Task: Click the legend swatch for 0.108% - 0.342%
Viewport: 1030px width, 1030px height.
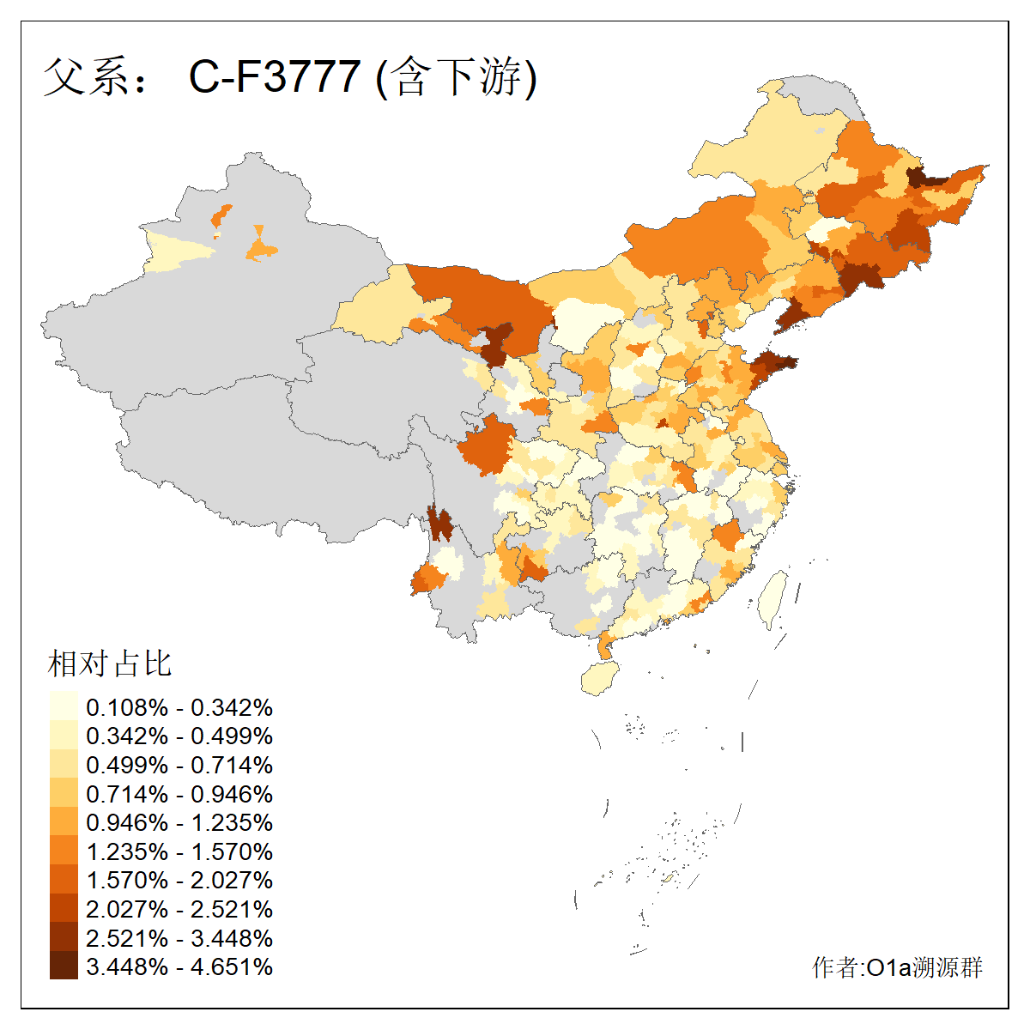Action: [64, 706]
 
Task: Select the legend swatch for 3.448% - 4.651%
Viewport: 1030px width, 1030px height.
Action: [64, 966]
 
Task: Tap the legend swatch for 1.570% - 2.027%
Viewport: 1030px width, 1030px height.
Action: [64, 880]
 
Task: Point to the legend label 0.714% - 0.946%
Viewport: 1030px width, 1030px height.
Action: [179, 794]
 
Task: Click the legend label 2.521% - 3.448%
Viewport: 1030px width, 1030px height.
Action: [179, 938]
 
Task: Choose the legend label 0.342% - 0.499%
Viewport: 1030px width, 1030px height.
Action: [179, 736]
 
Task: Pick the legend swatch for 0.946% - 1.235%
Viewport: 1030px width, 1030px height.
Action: [64, 822]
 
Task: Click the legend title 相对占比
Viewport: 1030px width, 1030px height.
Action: [109, 663]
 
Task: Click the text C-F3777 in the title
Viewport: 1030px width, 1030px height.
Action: [274, 76]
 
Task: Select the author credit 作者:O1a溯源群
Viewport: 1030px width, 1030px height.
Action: [897, 967]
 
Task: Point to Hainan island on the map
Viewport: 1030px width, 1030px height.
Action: [600, 679]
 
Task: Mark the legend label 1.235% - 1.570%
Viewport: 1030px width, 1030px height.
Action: [179, 851]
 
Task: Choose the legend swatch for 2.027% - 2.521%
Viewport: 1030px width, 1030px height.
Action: [64, 909]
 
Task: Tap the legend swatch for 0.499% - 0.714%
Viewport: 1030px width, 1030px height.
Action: [64, 764]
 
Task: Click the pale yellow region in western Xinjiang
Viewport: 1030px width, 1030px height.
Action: [176, 251]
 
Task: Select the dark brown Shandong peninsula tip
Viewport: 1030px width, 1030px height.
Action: [772, 366]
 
